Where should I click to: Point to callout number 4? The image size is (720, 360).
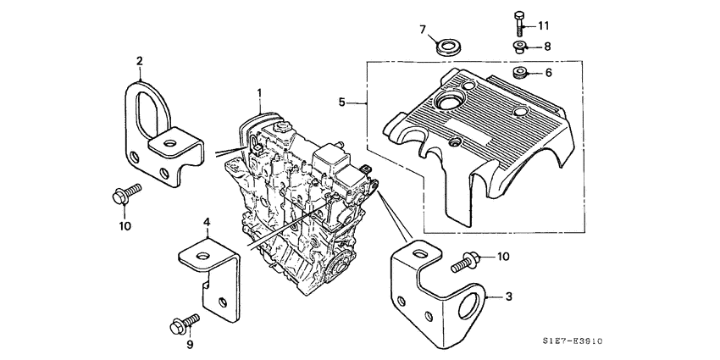coord(205,222)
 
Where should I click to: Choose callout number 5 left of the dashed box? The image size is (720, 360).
coord(341,102)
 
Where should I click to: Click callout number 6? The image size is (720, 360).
coord(548,73)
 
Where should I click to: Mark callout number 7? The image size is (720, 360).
coord(423,30)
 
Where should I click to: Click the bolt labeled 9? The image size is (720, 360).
coord(184,323)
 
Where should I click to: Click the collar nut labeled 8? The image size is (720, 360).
coord(518,47)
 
